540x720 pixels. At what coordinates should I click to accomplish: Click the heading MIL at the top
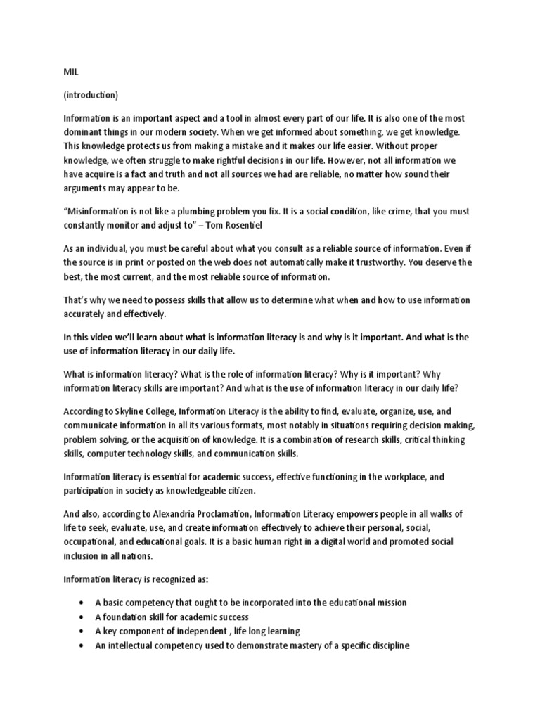pos(70,72)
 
